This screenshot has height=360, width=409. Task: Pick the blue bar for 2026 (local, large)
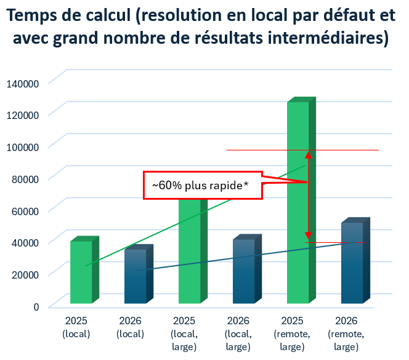point(243,271)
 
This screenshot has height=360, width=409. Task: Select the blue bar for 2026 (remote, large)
point(352,262)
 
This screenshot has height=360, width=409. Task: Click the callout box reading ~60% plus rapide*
point(203,185)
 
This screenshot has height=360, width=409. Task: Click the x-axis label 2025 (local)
point(76,328)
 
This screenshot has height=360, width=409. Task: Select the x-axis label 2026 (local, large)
point(238,334)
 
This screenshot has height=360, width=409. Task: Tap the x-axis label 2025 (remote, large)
point(292,334)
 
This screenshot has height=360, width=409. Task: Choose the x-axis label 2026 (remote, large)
point(346,334)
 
